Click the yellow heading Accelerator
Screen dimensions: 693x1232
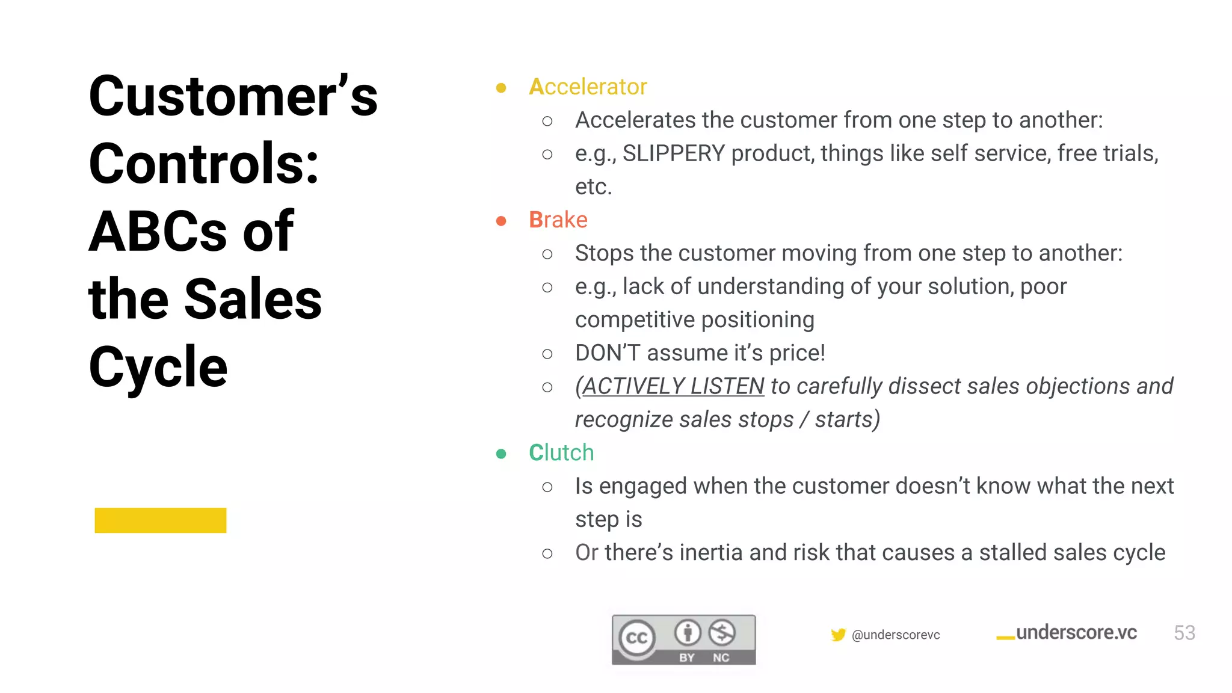588,87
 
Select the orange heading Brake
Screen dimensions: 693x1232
558,220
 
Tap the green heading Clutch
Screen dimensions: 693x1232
561,453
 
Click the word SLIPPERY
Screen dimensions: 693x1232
673,154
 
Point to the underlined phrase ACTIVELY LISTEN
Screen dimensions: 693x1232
673,386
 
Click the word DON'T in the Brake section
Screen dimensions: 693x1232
607,353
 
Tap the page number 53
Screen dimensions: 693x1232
1184,633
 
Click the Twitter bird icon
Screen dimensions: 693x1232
838,635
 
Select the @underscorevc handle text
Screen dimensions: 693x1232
896,635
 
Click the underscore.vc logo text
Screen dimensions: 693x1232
1076,633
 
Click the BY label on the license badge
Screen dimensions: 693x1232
687,658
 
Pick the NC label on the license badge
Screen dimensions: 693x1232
721,658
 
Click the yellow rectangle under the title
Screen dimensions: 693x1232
160,520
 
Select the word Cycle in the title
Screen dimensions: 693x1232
158,366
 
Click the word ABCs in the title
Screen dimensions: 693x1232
158,232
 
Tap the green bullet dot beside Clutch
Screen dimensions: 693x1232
501,454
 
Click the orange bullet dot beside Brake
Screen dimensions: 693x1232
501,221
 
